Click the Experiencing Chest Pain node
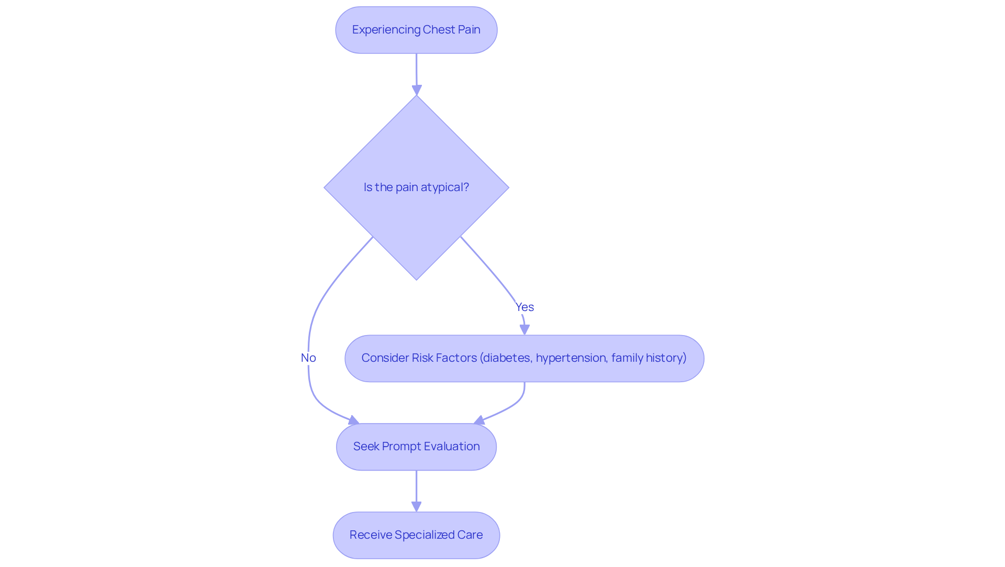point(416,30)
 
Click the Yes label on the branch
point(524,307)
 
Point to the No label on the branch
point(308,358)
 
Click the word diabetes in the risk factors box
point(507,358)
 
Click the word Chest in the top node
point(439,29)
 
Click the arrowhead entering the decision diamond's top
point(417,90)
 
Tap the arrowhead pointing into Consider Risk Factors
point(524,329)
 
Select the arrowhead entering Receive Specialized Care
point(416,506)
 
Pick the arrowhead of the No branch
point(354,420)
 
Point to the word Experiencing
point(386,29)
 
